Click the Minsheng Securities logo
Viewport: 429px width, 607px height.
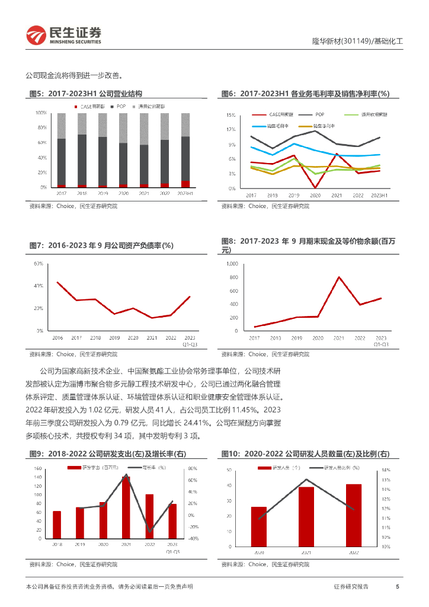point(63,36)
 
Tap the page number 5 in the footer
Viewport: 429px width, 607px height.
point(397,587)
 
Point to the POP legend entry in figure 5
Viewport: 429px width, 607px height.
point(119,106)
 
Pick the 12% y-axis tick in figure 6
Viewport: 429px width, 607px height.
point(230,129)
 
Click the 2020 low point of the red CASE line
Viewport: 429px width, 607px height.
point(315,188)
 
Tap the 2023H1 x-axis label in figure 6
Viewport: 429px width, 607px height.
point(379,194)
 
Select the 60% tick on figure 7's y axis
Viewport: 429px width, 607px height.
point(38,263)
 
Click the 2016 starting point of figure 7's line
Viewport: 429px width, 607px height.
point(57,282)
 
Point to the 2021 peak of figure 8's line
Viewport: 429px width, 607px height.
point(339,277)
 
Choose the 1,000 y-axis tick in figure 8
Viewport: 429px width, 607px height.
point(232,263)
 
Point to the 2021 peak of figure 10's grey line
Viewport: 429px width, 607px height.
point(306,479)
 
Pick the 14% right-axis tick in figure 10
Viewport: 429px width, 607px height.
point(386,469)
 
